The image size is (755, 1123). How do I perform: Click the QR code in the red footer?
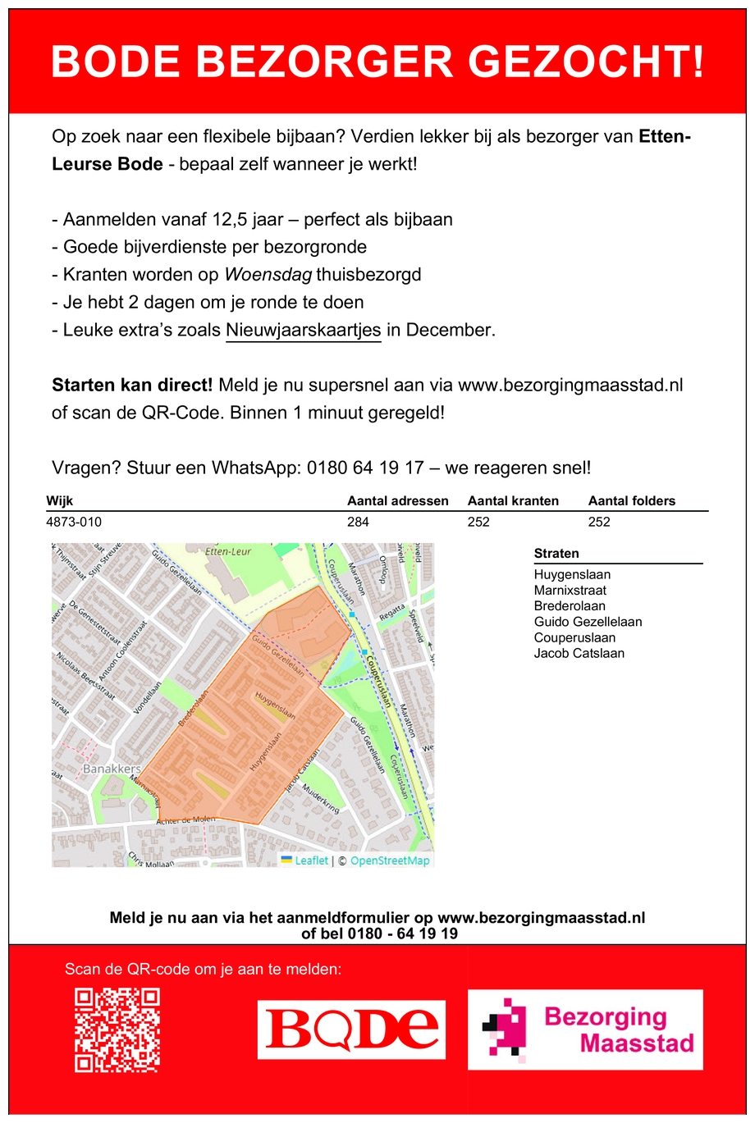(117, 1029)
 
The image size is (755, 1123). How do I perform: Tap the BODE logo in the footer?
(351, 1029)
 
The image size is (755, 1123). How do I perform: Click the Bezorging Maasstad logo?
(585, 1029)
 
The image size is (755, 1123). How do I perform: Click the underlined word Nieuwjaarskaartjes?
(303, 330)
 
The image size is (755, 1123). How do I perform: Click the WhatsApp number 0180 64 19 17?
(365, 468)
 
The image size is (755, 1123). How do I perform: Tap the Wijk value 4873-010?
(74, 522)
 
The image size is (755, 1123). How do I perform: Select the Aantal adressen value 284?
(358, 522)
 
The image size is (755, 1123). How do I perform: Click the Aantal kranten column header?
(513, 500)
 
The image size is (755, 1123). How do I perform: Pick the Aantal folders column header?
(631, 500)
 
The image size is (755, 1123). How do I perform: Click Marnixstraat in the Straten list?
(570, 590)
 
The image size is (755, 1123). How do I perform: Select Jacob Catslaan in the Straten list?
(579, 653)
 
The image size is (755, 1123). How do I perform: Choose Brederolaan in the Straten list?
(569, 605)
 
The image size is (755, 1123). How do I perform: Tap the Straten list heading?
(556, 553)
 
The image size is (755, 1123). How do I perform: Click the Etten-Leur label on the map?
(227, 551)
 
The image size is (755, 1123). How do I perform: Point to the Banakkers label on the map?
(112, 769)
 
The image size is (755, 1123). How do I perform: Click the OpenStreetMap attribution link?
(389, 861)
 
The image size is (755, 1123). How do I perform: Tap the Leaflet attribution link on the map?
(311, 861)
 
